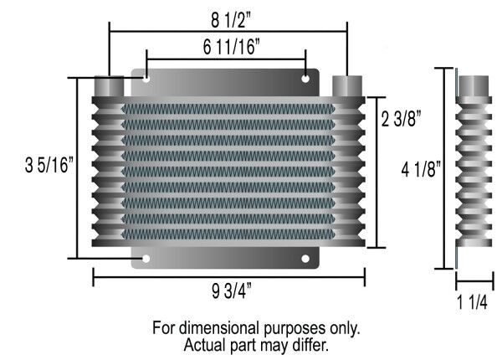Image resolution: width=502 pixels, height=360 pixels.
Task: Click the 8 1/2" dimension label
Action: tap(231, 20)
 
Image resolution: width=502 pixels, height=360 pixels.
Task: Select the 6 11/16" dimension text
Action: tap(231, 47)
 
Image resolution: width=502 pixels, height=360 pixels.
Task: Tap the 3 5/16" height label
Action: tap(49, 165)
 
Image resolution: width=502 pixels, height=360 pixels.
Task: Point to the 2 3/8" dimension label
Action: tap(401, 119)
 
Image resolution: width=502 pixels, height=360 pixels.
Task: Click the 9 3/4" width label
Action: tap(232, 291)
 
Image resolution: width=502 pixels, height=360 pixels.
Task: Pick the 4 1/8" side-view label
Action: tap(421, 169)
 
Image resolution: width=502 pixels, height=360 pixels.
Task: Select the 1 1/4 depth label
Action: tap(472, 302)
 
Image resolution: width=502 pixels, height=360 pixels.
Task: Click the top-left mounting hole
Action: tap(146, 78)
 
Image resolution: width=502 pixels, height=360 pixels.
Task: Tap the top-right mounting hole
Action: tap(305, 79)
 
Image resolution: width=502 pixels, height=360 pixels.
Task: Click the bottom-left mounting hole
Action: tap(146, 259)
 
